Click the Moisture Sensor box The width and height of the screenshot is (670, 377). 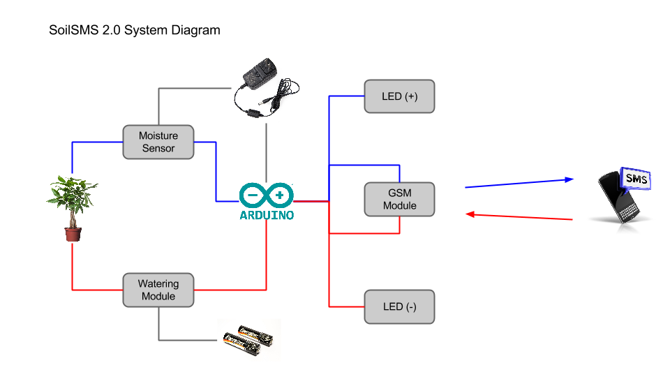(x=158, y=142)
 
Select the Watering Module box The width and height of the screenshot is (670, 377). (x=158, y=290)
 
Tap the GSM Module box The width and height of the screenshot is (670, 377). (x=399, y=200)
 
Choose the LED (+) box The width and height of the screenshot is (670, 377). (x=399, y=96)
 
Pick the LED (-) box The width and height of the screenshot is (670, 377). (x=399, y=307)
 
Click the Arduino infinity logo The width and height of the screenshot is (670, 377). (x=266, y=195)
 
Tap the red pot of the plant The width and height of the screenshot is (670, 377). (x=73, y=234)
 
